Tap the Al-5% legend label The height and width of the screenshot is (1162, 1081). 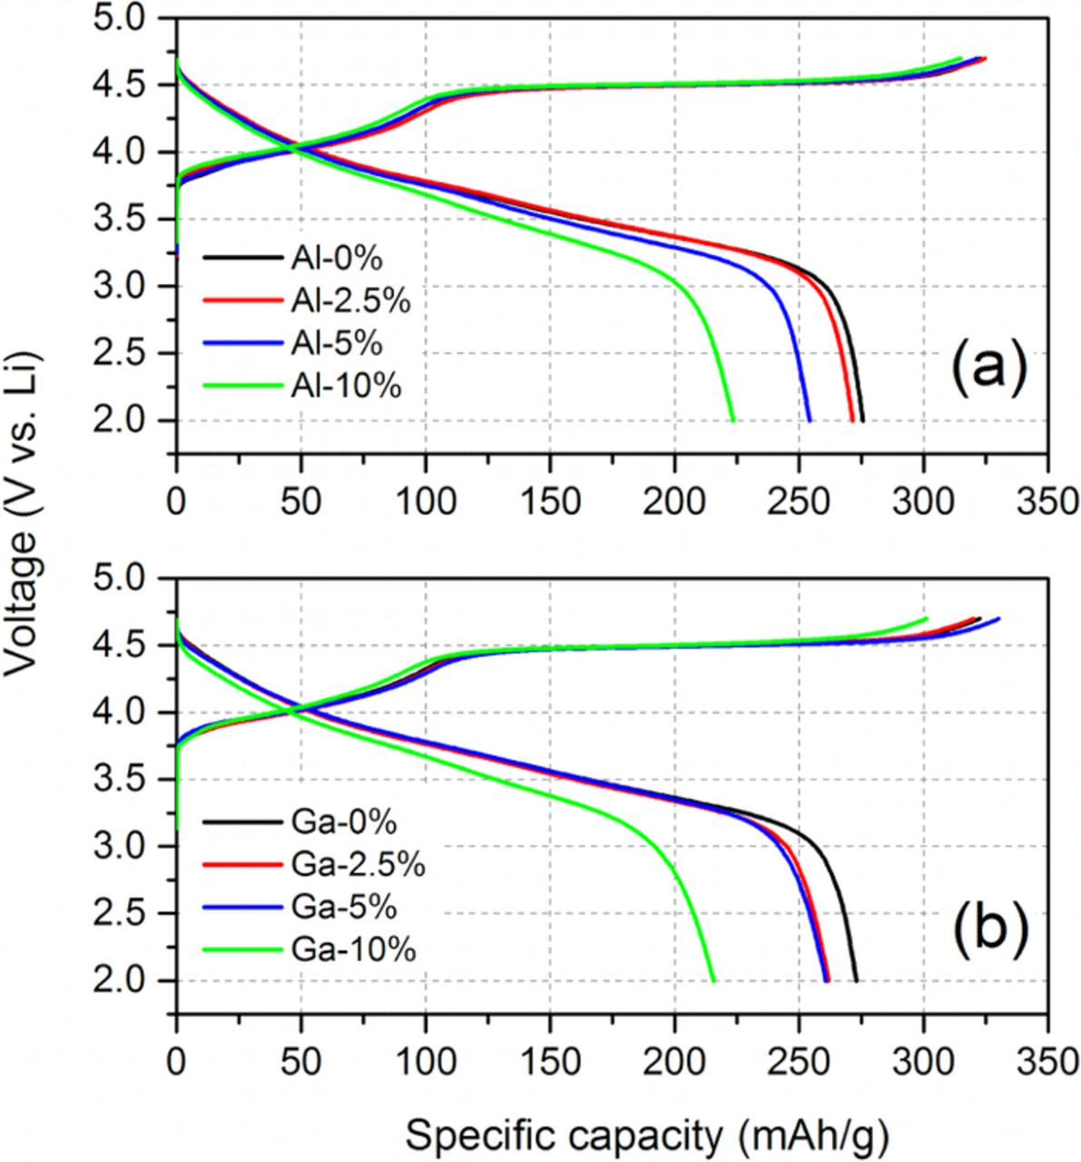pyautogui.click(x=337, y=344)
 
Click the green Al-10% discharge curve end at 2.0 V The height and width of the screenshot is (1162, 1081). pyautogui.click(x=732, y=419)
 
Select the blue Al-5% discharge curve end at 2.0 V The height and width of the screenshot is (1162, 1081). pyautogui.click(x=810, y=419)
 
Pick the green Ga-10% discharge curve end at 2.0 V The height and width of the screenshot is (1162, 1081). pyautogui.click(x=713, y=980)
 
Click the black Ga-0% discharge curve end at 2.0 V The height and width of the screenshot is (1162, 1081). pyautogui.click(x=856, y=980)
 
